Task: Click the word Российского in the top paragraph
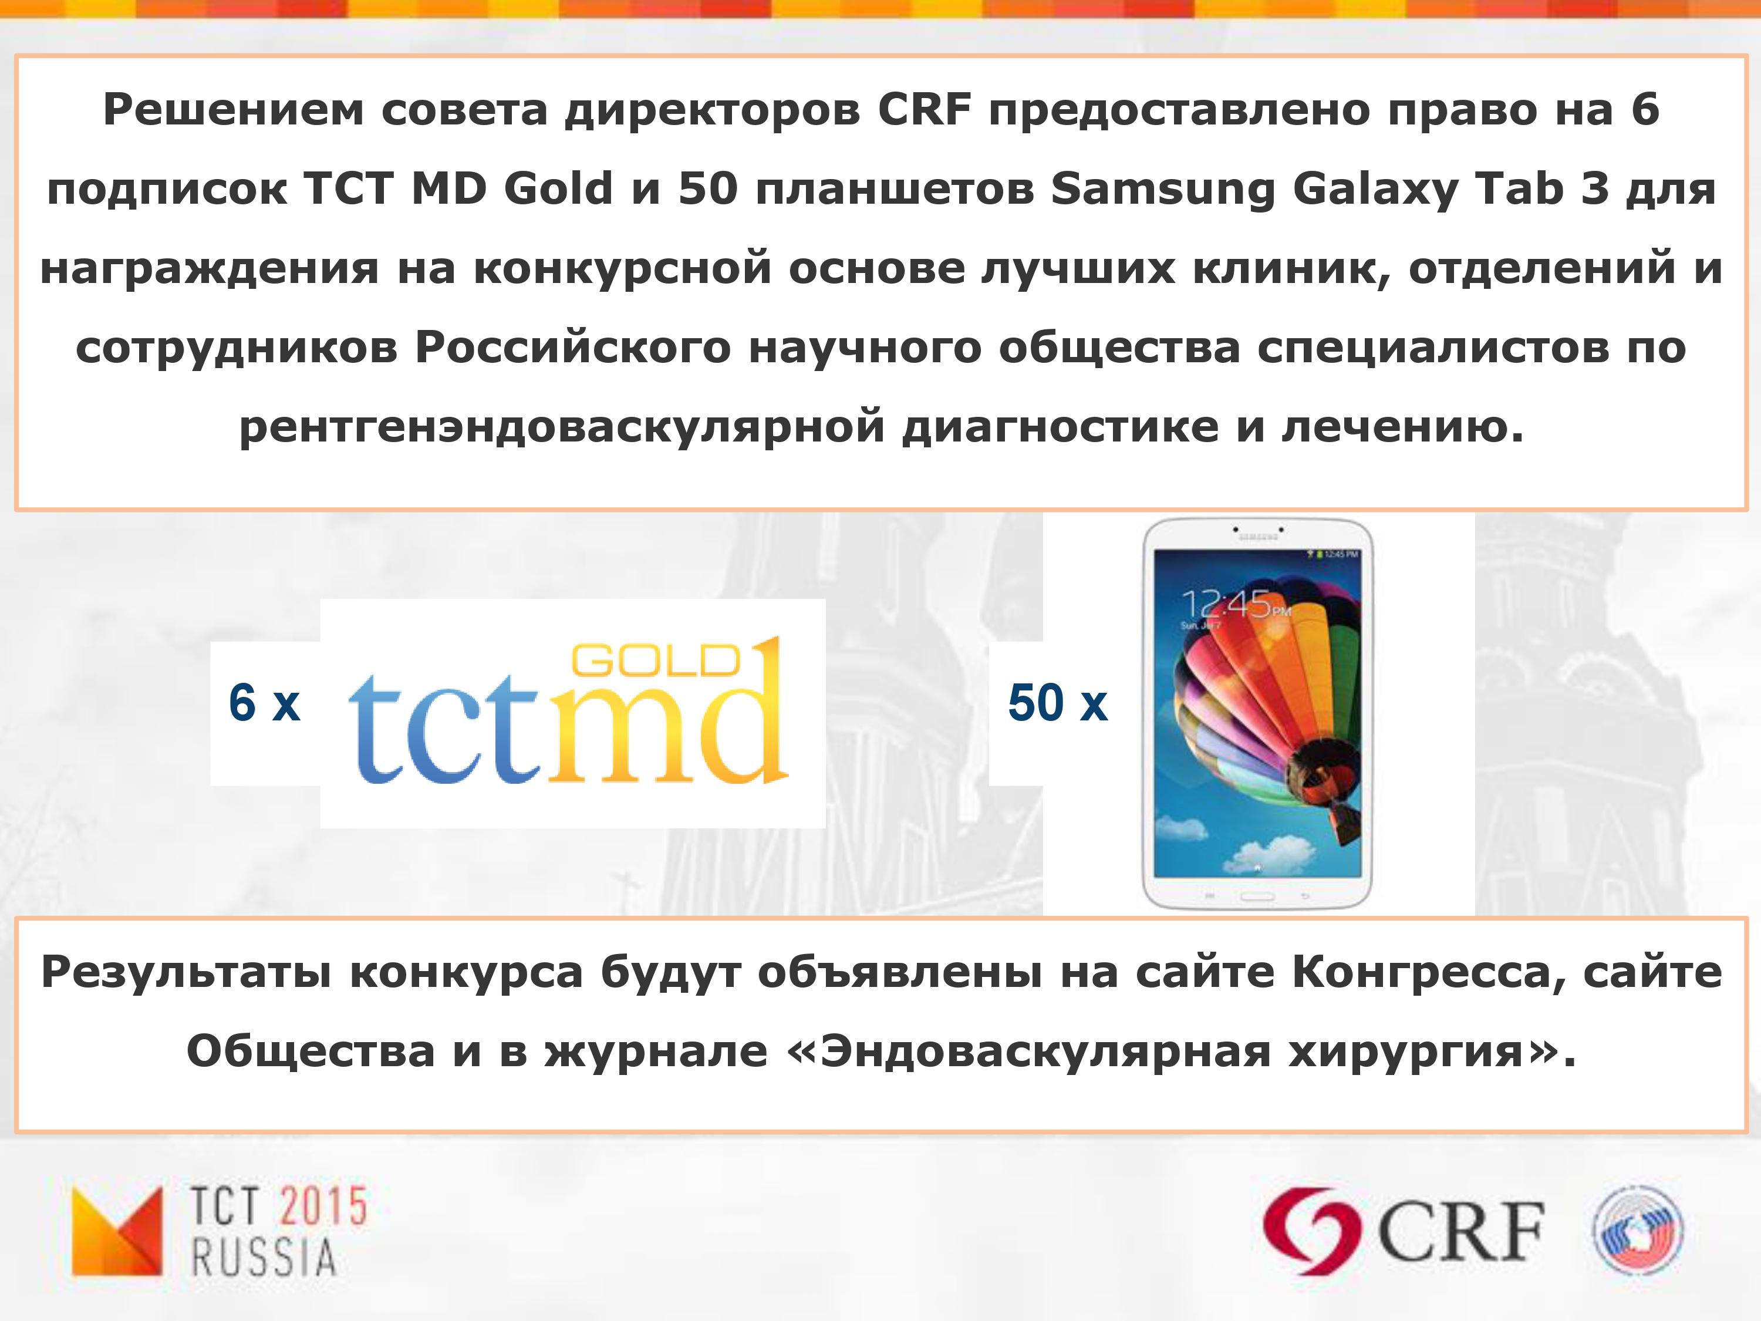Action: coord(572,348)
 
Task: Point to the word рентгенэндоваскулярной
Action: coord(562,427)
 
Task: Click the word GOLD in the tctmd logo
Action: coord(657,660)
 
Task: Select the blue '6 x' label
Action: coord(264,703)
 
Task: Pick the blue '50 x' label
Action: coord(1057,703)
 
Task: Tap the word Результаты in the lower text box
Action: coord(185,973)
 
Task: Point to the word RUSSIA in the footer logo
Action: coord(264,1258)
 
